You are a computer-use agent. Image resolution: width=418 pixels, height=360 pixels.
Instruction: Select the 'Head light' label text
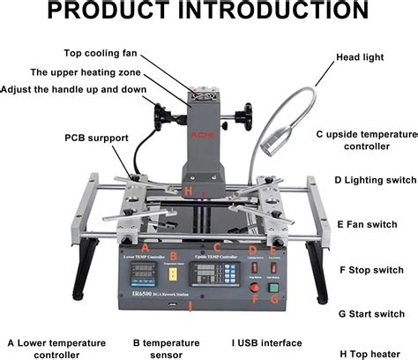tap(361, 58)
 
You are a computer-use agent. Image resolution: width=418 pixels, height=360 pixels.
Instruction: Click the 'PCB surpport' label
tap(91, 138)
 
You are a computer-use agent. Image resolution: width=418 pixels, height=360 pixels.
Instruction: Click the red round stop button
tap(255, 287)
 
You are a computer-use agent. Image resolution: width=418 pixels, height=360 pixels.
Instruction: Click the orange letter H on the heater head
tap(188, 191)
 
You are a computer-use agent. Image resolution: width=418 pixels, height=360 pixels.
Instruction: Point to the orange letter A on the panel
tap(134, 248)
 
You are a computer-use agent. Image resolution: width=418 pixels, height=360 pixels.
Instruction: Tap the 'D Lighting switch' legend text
tap(375, 179)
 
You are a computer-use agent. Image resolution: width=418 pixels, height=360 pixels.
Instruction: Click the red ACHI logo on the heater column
tap(202, 140)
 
